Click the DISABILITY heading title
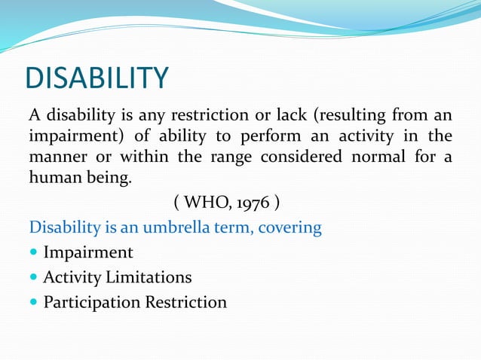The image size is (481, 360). (97, 78)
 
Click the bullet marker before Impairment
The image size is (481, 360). (34, 253)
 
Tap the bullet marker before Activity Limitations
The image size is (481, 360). (34, 278)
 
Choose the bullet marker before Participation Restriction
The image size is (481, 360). (34, 303)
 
